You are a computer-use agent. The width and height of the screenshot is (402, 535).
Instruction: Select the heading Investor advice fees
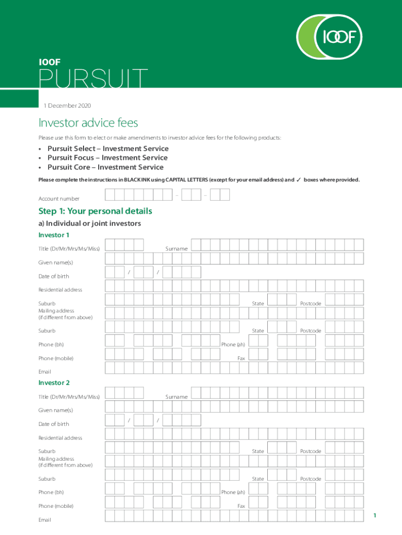coord(88,123)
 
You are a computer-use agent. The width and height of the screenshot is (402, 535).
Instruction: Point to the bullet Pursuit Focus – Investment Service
coord(107,157)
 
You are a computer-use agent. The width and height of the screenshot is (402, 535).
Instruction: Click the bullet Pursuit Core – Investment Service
coord(105,167)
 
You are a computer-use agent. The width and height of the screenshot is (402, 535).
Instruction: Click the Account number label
coord(59,199)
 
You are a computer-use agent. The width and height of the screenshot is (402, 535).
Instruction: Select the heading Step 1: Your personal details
coord(95,211)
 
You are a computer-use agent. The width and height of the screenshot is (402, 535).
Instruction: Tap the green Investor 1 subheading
coord(54,235)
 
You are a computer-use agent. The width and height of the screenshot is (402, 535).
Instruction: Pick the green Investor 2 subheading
coord(54,383)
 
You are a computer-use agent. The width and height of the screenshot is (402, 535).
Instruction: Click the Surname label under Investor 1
coord(176,249)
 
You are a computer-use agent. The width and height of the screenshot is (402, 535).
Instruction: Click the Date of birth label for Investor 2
coord(54,424)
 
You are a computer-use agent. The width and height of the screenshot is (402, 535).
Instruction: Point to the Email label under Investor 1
coord(45,372)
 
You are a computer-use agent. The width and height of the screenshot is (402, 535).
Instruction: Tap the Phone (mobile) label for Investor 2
coord(56,506)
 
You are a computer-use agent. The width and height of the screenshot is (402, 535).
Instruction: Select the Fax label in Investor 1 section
coord(241,358)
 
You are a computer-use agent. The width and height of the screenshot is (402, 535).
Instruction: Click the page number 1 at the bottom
coord(374,516)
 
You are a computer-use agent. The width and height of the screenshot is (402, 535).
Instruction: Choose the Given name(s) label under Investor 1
coord(56,262)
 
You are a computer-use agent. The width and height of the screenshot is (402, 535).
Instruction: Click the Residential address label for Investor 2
coord(60,438)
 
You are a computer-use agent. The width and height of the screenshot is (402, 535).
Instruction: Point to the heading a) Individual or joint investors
coord(90,224)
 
